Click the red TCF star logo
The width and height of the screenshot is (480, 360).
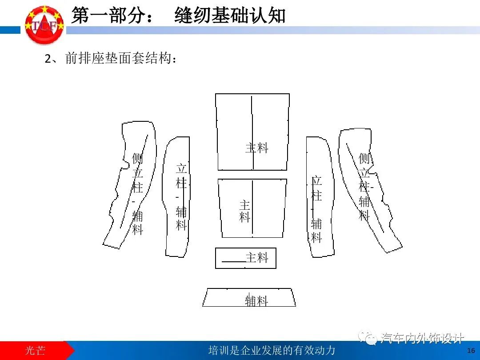44,25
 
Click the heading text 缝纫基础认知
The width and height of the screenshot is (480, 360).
230,16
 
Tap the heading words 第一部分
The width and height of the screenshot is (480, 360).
110,16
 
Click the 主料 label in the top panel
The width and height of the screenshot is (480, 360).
257,148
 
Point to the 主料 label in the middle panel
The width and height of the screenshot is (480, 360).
245,211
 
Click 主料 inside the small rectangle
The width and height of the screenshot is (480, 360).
257,258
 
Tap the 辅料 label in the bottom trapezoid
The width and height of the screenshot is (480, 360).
256,301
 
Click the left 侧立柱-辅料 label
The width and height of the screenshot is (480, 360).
138,193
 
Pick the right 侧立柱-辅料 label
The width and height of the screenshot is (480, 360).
365,187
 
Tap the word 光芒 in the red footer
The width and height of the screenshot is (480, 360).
35,350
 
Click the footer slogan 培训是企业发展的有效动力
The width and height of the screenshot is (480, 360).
272,350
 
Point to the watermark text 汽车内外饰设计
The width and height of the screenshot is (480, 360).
422,339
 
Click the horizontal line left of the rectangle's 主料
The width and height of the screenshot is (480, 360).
233,262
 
